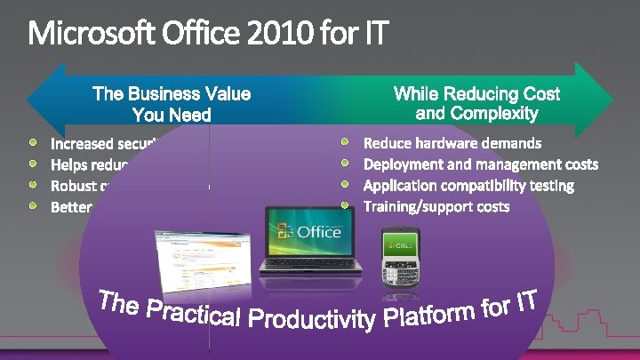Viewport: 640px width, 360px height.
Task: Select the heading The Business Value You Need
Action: tap(172, 104)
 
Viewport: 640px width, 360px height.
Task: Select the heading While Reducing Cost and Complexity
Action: tap(476, 103)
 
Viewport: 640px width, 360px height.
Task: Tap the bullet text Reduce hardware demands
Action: tap(452, 142)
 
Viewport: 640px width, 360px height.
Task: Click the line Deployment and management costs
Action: tap(481, 164)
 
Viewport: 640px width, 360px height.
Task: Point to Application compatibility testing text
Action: tap(468, 185)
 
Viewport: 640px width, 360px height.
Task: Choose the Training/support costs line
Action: tap(436, 206)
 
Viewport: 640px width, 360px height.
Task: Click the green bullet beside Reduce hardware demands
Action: tap(348, 141)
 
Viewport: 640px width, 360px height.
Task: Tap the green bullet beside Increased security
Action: tap(33, 141)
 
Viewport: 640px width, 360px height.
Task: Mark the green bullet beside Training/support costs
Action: tap(348, 205)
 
